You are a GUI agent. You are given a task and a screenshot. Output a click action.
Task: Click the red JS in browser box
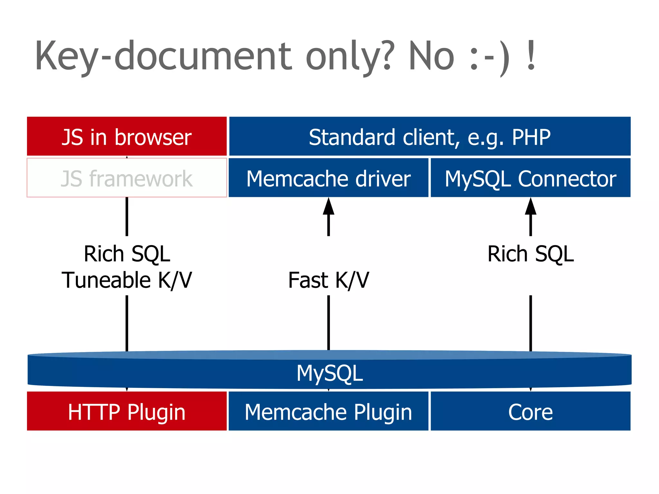(127, 136)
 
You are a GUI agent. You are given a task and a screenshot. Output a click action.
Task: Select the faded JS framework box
(127, 178)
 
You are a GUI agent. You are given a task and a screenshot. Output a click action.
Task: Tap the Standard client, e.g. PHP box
(430, 136)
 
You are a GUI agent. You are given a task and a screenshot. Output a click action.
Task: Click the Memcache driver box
(329, 178)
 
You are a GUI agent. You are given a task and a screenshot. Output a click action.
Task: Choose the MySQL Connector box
(530, 178)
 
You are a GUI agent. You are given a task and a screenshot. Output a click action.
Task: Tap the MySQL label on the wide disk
(329, 373)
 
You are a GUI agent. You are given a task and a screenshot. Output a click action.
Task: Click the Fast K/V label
(329, 280)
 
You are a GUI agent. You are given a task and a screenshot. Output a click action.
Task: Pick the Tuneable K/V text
(127, 280)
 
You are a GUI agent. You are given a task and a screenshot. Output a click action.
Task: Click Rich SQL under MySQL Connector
(530, 254)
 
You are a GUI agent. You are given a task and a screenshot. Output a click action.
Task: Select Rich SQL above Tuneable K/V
(127, 254)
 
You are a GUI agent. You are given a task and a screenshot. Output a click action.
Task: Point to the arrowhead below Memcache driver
(329, 206)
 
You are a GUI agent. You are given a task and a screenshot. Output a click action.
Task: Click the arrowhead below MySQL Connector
(530, 206)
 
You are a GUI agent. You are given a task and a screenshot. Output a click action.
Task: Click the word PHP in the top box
(531, 137)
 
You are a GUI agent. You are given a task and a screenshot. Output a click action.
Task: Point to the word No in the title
(432, 56)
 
